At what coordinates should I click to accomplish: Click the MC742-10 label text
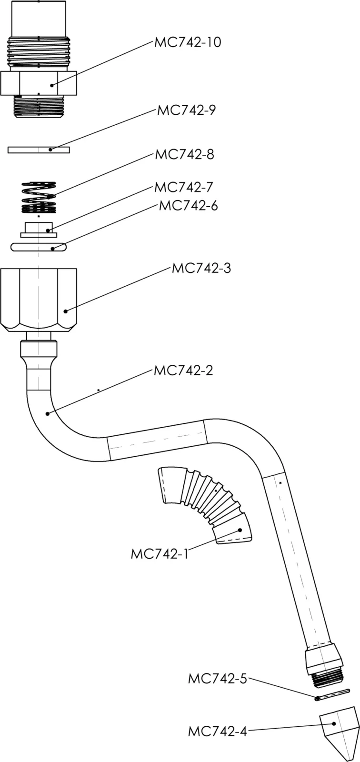click(x=188, y=42)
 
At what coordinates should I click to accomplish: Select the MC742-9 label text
click(x=187, y=110)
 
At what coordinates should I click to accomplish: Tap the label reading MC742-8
click(x=185, y=155)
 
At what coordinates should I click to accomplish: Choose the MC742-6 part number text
click(x=188, y=206)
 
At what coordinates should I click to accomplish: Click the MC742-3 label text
click(x=201, y=269)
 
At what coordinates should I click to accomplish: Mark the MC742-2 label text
click(x=183, y=371)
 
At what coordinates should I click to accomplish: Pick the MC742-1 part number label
click(x=160, y=554)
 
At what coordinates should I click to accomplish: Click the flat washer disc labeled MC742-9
click(x=39, y=150)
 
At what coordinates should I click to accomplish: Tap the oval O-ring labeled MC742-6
click(x=39, y=247)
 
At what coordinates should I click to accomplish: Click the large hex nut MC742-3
click(x=39, y=300)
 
